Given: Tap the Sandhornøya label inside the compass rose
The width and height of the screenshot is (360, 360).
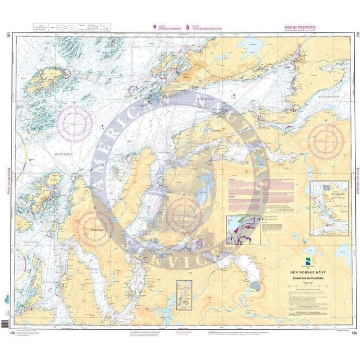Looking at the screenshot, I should [92, 228].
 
